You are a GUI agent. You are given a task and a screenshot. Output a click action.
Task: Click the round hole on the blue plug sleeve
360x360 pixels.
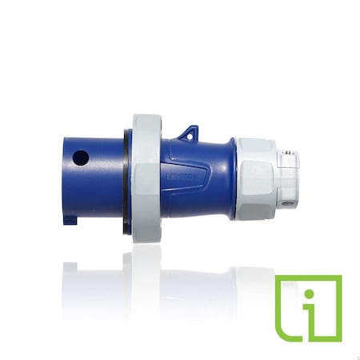[x=81, y=158]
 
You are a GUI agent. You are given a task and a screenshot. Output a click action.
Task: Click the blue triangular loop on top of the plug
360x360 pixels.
[x=188, y=131]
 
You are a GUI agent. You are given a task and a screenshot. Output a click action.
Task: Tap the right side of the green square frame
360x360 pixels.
[x=338, y=308]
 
